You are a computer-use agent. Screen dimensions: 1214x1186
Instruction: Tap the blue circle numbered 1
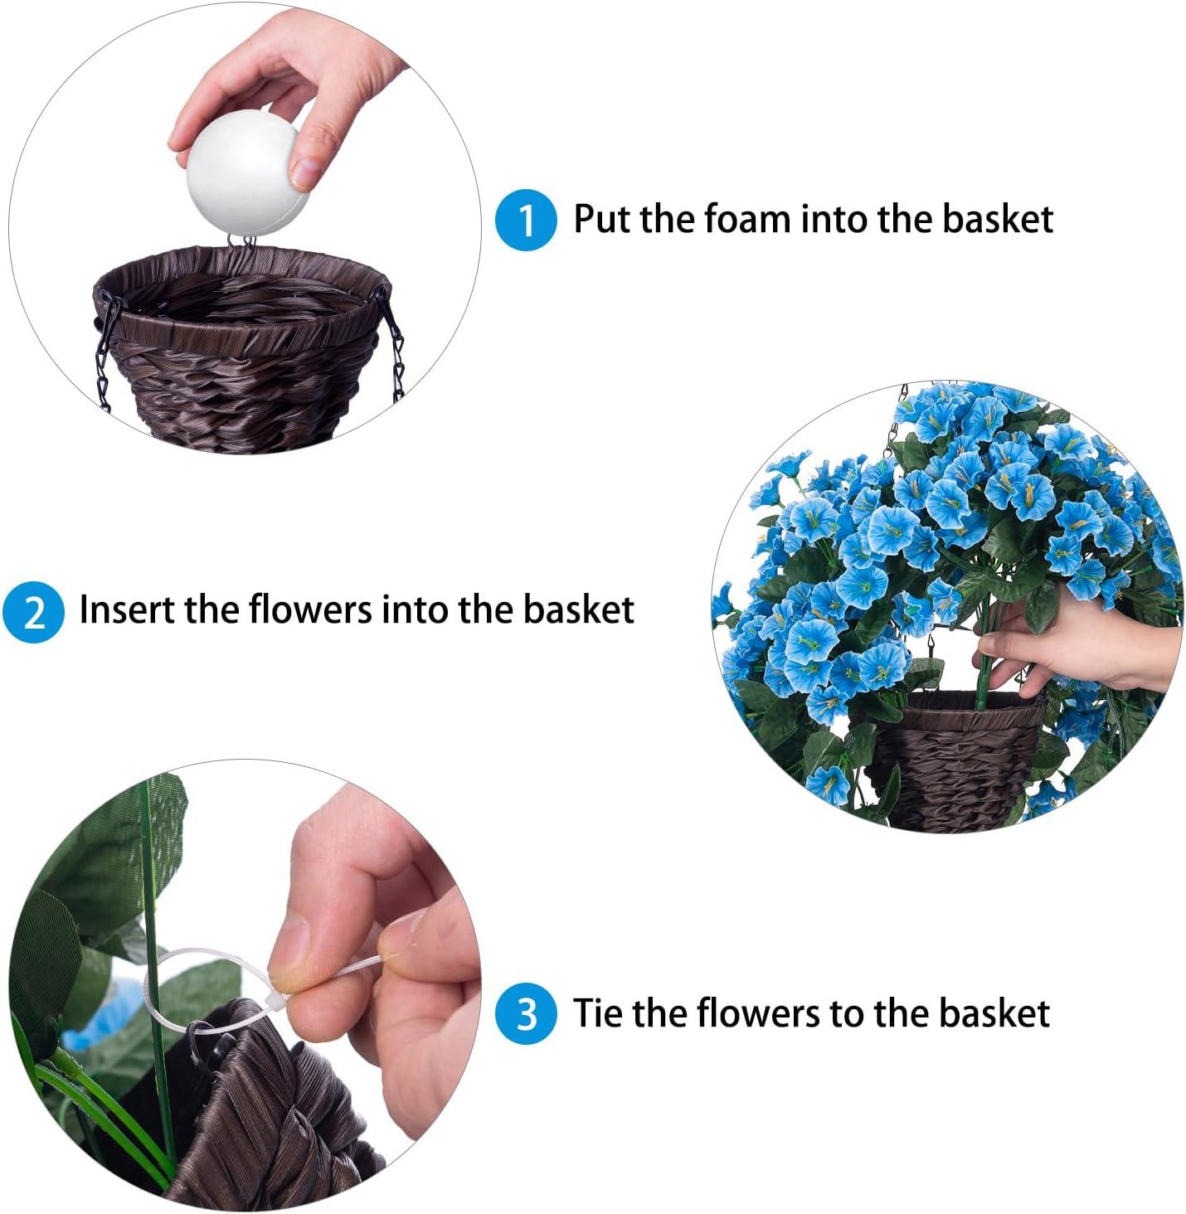[526, 220]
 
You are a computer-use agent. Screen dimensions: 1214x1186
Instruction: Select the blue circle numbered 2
[33, 612]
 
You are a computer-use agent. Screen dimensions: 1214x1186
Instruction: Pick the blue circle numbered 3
[526, 1014]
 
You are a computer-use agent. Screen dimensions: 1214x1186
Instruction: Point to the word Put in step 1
[603, 219]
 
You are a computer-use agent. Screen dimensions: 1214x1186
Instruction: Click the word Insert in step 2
[125, 609]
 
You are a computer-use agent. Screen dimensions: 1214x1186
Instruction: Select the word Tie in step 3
[598, 1013]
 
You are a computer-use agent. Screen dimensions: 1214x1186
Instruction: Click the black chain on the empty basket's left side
[104, 365]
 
